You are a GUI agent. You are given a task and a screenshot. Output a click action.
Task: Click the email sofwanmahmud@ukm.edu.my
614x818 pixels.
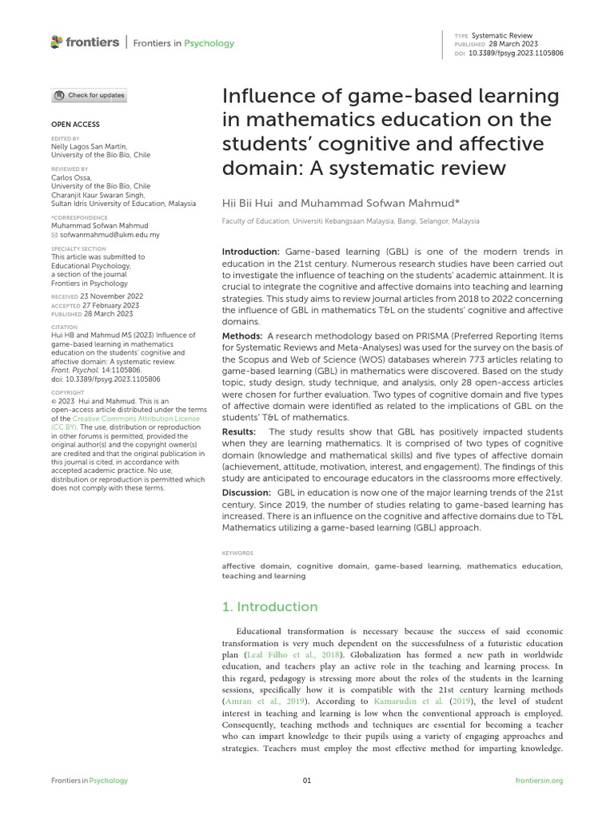[x=110, y=235]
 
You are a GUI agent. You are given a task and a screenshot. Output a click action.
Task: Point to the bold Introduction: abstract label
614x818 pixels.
[x=250, y=252]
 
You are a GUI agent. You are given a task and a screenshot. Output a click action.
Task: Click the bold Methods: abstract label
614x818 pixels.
[x=241, y=336]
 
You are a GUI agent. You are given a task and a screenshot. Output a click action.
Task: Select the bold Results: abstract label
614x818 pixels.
[x=240, y=432]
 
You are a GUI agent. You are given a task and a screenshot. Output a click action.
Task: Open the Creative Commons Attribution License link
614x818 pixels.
[x=125, y=419]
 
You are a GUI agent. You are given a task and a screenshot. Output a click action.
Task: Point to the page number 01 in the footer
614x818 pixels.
[x=307, y=780]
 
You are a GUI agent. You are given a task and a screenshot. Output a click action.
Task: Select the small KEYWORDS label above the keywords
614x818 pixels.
[x=237, y=553]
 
